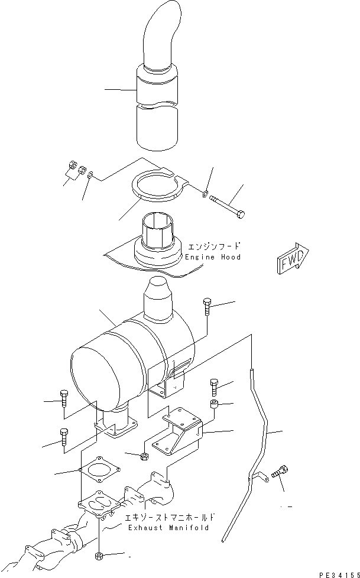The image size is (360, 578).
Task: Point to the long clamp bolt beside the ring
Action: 228,204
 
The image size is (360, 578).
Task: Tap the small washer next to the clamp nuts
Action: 89,176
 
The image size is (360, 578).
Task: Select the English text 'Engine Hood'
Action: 213,257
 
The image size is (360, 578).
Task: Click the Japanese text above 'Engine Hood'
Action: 214,246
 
